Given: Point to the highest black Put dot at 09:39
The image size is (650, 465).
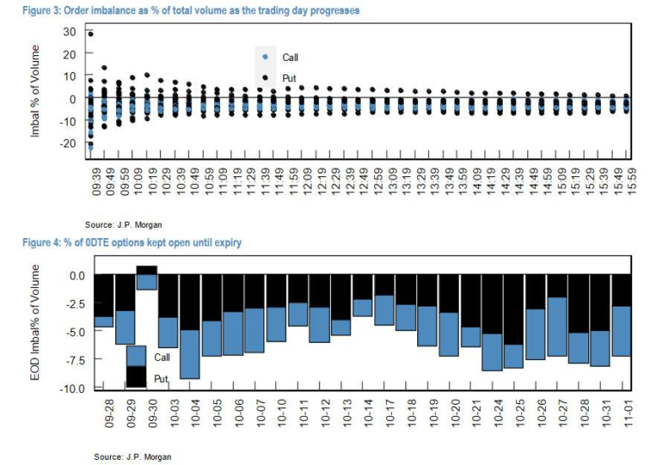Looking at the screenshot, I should (x=91, y=34).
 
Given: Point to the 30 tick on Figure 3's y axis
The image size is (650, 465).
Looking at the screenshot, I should (x=69, y=31).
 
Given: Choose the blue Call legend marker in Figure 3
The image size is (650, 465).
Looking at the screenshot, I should (x=265, y=58).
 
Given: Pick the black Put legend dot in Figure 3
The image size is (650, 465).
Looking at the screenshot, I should (x=265, y=78).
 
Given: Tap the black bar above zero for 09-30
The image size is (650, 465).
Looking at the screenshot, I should (x=146, y=270).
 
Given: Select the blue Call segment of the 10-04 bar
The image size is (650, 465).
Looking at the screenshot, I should (x=190, y=354).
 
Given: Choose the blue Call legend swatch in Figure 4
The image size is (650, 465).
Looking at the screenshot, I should (x=136, y=356).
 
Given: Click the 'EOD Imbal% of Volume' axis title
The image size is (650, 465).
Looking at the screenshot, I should (x=35, y=322).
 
